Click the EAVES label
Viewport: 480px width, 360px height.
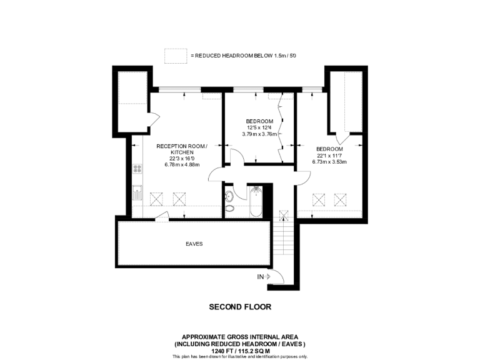click(194, 244)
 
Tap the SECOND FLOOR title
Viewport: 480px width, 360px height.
click(240, 307)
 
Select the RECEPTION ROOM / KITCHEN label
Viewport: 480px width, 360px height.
click(182, 149)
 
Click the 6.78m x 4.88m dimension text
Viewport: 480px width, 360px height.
click(182, 165)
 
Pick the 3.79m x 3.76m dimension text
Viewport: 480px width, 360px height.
click(259, 134)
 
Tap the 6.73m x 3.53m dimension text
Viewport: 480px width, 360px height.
click(329, 162)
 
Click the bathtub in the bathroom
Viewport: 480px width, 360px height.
click(256, 201)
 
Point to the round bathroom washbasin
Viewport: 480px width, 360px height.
click(229, 196)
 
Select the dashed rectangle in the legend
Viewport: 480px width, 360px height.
click(176, 56)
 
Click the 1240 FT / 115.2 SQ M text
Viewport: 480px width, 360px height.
click(240, 351)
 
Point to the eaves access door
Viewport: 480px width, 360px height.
click(161, 216)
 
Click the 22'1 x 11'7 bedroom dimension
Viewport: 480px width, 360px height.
click(329, 156)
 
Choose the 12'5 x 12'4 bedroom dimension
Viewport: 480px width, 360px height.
click(259, 127)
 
